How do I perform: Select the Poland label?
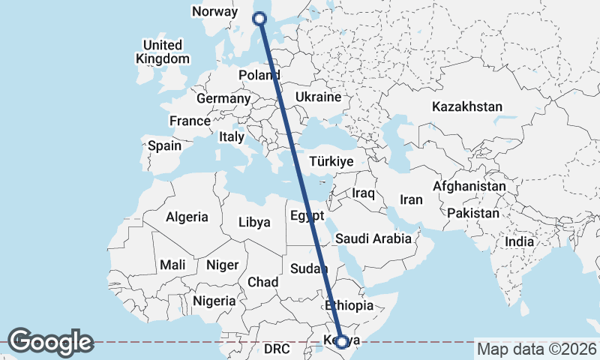[259, 75]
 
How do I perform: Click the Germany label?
[223, 98]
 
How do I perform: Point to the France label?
[190, 121]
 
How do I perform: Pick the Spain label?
[164, 145]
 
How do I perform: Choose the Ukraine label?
[319, 97]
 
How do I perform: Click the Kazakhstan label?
[466, 107]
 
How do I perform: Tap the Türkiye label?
[331, 162]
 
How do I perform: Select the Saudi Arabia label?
[373, 238]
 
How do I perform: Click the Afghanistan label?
[469, 186]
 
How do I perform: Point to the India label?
[519, 241]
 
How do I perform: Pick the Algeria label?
[187, 217]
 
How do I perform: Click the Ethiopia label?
[348, 305]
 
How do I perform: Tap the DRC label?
[276, 349]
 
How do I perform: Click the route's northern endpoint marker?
[260, 19]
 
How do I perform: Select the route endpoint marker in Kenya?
[342, 342]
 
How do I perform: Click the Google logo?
[50, 341]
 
